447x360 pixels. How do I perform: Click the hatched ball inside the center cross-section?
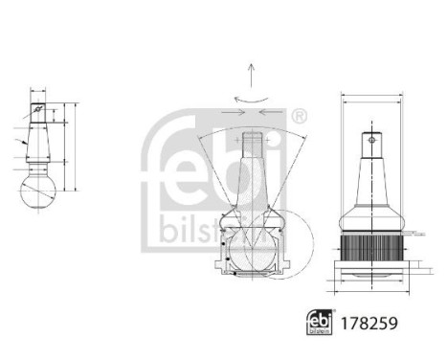tap(251, 251)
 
